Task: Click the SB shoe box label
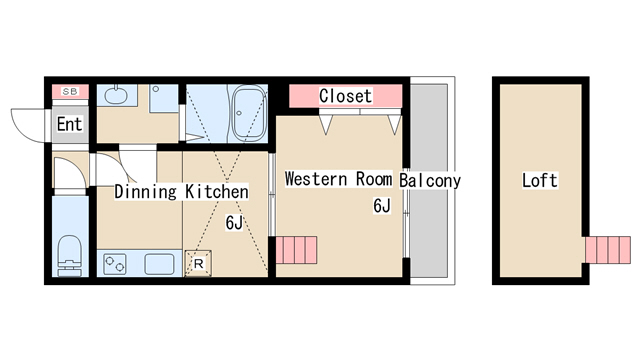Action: (70, 91)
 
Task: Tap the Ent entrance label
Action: (69, 124)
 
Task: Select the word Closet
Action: (345, 96)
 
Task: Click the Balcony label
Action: (430, 180)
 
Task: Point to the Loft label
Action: (540, 180)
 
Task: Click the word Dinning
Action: (145, 191)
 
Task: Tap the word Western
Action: (316, 179)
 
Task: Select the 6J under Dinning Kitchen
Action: (234, 223)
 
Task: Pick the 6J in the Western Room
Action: (382, 206)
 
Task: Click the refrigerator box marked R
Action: (198, 263)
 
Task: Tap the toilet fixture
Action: (70, 256)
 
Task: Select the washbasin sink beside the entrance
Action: (116, 95)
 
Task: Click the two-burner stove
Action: (115, 264)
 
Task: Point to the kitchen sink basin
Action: (159, 264)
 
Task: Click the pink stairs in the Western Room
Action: (296, 250)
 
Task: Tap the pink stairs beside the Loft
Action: (608, 250)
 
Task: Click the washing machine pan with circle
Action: (164, 98)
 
